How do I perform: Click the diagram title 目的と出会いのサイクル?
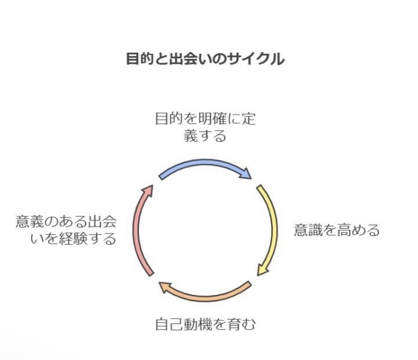click(x=205, y=59)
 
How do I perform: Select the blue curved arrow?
click(x=205, y=163)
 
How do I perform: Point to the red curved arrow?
click(x=137, y=229)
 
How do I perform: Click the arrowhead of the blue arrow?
click(x=246, y=173)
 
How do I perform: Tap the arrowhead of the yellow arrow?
click(x=262, y=270)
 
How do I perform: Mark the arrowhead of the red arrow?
click(x=148, y=190)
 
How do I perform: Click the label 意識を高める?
click(x=337, y=230)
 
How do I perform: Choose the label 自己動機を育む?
click(x=205, y=324)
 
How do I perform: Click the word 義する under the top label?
click(x=205, y=136)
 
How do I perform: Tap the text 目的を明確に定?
click(x=205, y=119)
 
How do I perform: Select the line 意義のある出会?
click(x=66, y=222)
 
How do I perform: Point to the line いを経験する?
click(x=73, y=239)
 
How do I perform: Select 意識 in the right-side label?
click(x=308, y=230)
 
